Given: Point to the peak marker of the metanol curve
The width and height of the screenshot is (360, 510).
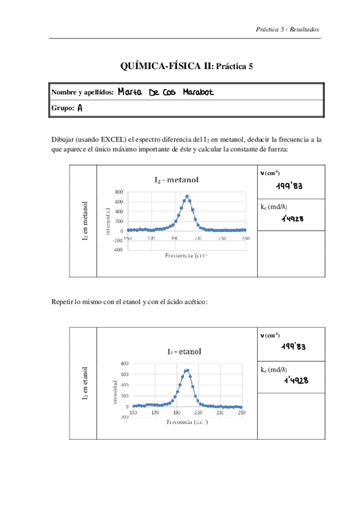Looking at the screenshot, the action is pos(188,196).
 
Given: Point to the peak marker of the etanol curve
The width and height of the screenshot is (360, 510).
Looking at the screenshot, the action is pos(188,370).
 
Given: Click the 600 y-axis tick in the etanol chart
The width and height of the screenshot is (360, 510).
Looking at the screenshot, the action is pos(124,374).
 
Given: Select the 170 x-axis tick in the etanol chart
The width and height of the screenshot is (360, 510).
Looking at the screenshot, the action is pos(155,413).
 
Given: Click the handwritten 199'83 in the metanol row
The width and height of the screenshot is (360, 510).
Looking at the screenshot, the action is pos(293,186).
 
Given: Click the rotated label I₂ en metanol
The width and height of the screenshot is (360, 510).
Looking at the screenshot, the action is pos(85,222).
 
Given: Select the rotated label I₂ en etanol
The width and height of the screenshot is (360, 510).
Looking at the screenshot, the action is pos(85,382).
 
